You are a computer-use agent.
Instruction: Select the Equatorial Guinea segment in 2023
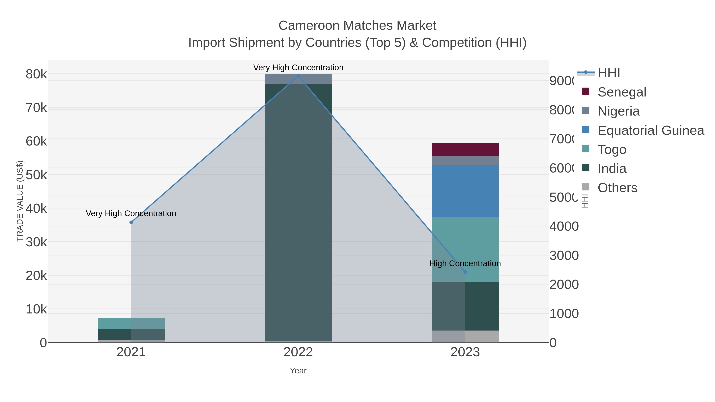pyautogui.click(x=465, y=191)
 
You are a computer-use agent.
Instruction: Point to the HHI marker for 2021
pyautogui.click(x=131, y=222)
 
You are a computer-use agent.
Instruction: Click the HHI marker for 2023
pyautogui.click(x=465, y=272)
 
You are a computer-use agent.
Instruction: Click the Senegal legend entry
pyautogui.click(x=622, y=92)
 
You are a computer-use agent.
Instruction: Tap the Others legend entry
pyautogui.click(x=617, y=188)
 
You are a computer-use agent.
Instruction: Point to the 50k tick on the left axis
pyautogui.click(x=36, y=175)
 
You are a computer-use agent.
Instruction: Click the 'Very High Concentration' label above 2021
pyautogui.click(x=131, y=213)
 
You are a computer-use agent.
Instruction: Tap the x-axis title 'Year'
pyautogui.click(x=298, y=371)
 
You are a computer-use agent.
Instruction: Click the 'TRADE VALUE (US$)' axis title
pyautogui.click(x=20, y=201)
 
